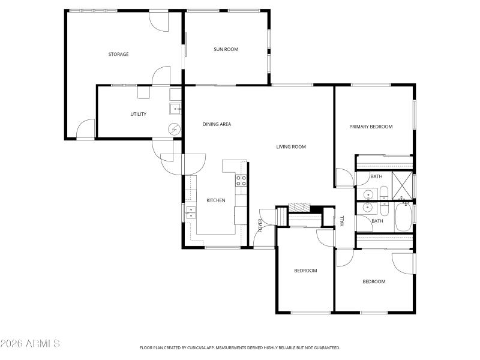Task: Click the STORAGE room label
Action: (118, 55)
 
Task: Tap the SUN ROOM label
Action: (226, 49)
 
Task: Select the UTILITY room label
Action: (139, 114)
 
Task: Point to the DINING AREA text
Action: (217, 124)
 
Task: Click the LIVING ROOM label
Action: (291, 147)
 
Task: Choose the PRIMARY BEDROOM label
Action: (371, 127)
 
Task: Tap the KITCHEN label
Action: (215, 200)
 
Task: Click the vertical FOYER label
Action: (260, 225)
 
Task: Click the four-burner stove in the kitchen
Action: (241, 181)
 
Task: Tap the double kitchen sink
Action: (190, 211)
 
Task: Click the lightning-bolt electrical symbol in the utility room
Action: (174, 129)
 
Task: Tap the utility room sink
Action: (175, 109)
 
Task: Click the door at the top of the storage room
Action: (158, 21)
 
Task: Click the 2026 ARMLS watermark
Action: (30, 344)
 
